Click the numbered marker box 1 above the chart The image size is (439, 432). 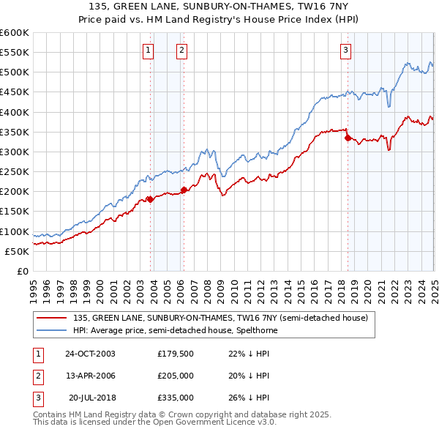click(149, 51)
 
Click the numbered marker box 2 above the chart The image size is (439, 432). click(181, 51)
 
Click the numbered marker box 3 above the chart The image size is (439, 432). click(345, 51)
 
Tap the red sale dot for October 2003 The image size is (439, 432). click(150, 199)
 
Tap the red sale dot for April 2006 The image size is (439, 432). click(184, 190)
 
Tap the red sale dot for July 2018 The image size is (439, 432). click(347, 137)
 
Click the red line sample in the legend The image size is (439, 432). click(51, 318)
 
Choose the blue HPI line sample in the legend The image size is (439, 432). click(51, 330)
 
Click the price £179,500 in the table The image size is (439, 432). click(174, 354)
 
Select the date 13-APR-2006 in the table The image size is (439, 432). click(89, 376)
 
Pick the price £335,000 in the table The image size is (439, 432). click(174, 398)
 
